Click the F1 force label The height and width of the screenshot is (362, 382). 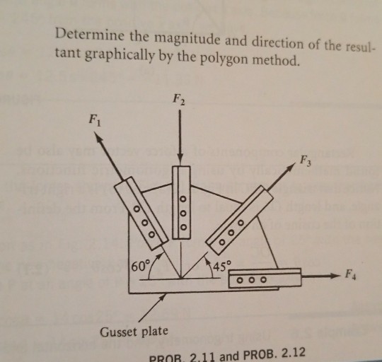94,120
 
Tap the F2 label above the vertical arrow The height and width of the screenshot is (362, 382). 178,100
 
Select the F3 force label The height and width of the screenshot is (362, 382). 306,161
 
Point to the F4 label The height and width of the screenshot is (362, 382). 350,275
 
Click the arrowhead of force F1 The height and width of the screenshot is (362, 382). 98,137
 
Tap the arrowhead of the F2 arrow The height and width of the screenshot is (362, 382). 180,161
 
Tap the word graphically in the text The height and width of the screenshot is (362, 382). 120,57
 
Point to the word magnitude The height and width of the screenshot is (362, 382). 187,40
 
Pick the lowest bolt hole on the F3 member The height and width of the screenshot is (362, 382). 222,243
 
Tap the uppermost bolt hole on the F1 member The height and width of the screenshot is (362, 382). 137,209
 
